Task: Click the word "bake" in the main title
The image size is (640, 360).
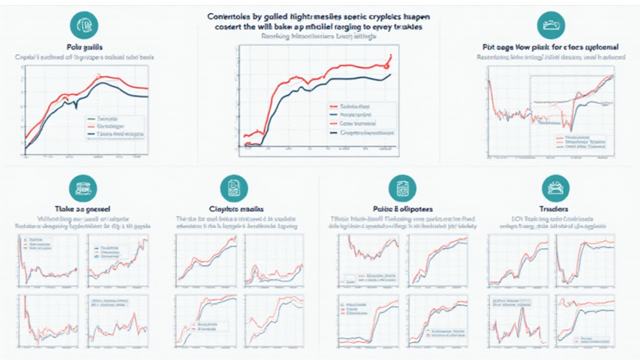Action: point(290,27)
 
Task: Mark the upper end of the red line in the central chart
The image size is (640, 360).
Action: point(391,56)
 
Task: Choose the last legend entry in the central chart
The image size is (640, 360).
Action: point(362,132)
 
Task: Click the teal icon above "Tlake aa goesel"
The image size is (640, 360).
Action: point(82,187)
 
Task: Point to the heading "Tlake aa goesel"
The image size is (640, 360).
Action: point(82,207)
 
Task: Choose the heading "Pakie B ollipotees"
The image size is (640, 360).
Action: point(402,207)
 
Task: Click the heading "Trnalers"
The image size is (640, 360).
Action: point(553,207)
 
